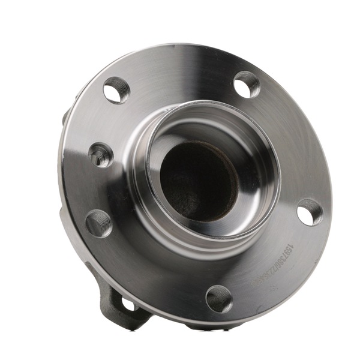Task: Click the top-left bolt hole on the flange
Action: click(x=116, y=91)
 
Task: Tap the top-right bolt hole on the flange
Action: click(x=246, y=84)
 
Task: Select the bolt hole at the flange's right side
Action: click(x=309, y=211)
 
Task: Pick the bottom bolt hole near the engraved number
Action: click(x=219, y=298)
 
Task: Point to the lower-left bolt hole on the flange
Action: click(x=99, y=223)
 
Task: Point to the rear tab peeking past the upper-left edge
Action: click(x=64, y=117)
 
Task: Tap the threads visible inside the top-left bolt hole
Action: click(x=110, y=88)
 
